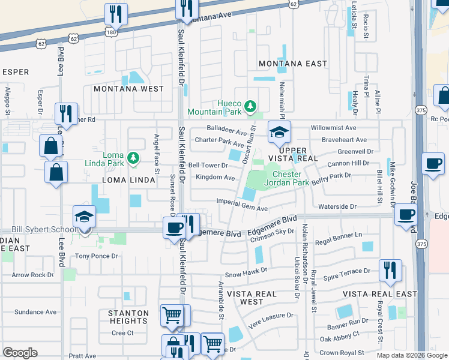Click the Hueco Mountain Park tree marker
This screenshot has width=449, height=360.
[x=250, y=107]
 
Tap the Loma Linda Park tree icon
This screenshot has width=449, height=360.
[x=133, y=158]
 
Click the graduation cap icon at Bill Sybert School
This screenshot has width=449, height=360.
[x=84, y=217]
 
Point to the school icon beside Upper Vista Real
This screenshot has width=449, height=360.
[x=279, y=132]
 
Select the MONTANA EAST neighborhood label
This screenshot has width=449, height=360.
[x=293, y=64]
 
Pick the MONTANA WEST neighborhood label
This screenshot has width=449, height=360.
[x=128, y=89]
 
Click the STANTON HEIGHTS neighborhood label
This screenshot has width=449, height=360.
[x=128, y=317]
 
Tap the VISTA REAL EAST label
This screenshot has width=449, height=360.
[x=379, y=294]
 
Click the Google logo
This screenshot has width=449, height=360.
[x=20, y=352]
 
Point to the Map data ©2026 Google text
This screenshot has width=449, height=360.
[x=412, y=355]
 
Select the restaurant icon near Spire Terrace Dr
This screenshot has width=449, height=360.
[x=390, y=271]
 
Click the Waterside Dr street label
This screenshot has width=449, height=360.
[x=337, y=206]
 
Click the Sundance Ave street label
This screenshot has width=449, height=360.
[x=35, y=312]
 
